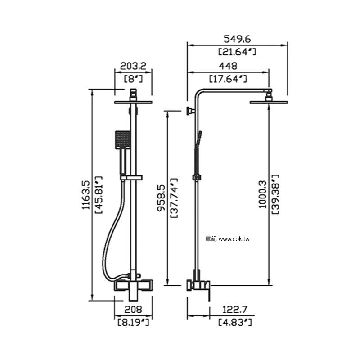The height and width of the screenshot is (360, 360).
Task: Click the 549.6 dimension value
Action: [x=237, y=39]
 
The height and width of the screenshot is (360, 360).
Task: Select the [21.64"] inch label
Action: [x=237, y=52]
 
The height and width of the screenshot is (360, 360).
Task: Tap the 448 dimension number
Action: [x=228, y=66]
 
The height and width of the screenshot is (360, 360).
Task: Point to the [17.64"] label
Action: [x=228, y=79]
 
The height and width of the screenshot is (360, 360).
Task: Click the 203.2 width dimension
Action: [x=133, y=66]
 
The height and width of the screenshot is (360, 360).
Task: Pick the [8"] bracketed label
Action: [x=133, y=79]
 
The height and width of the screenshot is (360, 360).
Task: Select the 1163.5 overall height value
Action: [x=86, y=195]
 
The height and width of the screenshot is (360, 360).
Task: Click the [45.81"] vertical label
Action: [x=99, y=195]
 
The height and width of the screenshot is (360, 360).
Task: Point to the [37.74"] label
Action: [x=174, y=198]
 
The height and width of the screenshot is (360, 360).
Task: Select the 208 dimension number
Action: [x=133, y=310]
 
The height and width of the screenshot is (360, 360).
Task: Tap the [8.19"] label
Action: [x=133, y=323]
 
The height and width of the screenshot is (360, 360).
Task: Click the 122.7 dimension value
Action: [x=235, y=310]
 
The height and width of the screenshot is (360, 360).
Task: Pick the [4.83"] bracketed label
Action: [x=235, y=323]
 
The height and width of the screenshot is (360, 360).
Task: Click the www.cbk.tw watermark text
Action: [x=234, y=239]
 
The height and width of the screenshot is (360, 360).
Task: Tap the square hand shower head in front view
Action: [x=122, y=139]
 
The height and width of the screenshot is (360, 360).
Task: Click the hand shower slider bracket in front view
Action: [x=131, y=177]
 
